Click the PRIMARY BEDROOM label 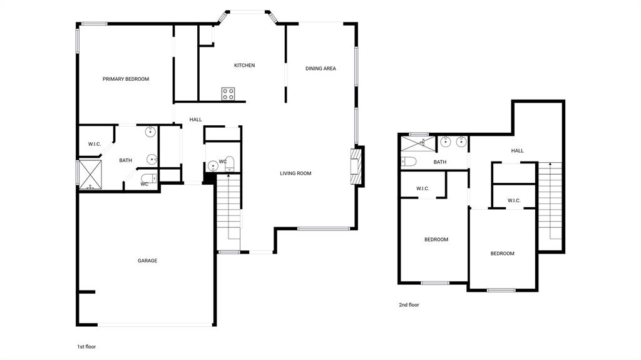pyautogui.click(x=126, y=79)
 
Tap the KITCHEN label pyautogui.click(x=244, y=65)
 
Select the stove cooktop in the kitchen pyautogui.click(x=228, y=94)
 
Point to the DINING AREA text pyautogui.click(x=320, y=68)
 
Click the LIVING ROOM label pyautogui.click(x=295, y=173)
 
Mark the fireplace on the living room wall pyautogui.click(x=356, y=166)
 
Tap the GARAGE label pyautogui.click(x=148, y=260)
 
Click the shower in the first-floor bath pyautogui.click(x=90, y=174)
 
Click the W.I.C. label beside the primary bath pyautogui.click(x=95, y=144)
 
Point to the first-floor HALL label pyautogui.click(x=196, y=120)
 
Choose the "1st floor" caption pyautogui.click(x=86, y=346)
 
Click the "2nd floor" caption pyautogui.click(x=409, y=305)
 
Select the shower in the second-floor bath pyautogui.click(x=417, y=143)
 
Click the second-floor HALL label pyautogui.click(x=517, y=151)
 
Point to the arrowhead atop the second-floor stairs pyautogui.click(x=550, y=164)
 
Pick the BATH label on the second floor pyautogui.click(x=440, y=162)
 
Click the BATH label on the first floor pyautogui.click(x=126, y=160)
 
